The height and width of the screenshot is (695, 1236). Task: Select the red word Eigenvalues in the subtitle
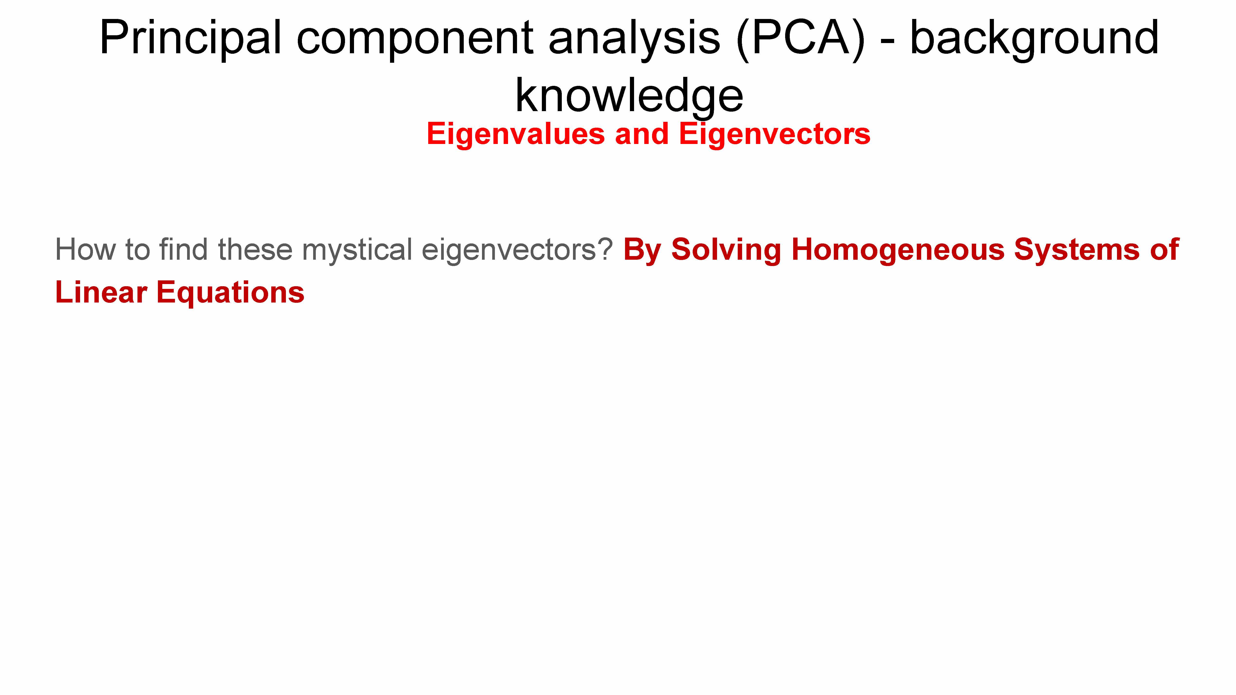pyautogui.click(x=516, y=134)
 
